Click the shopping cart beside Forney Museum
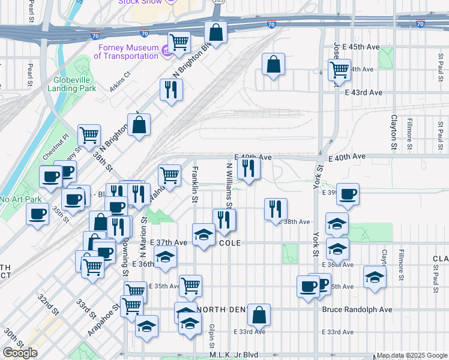click(179, 42)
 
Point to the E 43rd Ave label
click(364, 92)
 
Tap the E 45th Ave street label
click(357, 47)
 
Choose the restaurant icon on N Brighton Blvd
click(171, 89)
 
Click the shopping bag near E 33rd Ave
click(259, 314)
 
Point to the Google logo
click(20, 353)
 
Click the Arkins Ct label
click(119, 76)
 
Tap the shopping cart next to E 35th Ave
click(190, 286)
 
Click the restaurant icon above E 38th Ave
click(276, 209)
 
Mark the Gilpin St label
click(212, 337)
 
